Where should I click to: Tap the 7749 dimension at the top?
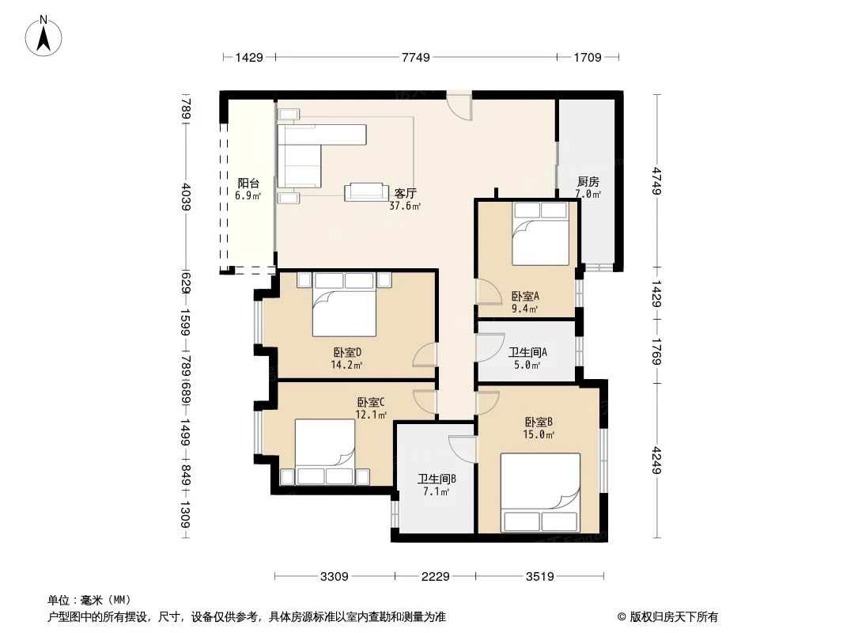click(x=415, y=57)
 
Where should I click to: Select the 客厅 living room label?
click(x=406, y=193)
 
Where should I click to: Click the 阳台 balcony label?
click(x=248, y=183)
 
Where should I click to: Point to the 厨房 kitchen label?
click(x=588, y=181)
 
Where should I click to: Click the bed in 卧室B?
click(x=540, y=492)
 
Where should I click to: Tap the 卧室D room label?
click(x=347, y=353)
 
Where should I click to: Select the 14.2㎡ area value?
click(x=347, y=366)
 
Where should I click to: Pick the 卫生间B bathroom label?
click(x=437, y=479)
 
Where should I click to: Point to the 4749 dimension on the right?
click(x=656, y=180)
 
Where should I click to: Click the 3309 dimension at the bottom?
click(x=335, y=577)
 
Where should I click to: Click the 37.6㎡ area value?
click(x=405, y=206)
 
